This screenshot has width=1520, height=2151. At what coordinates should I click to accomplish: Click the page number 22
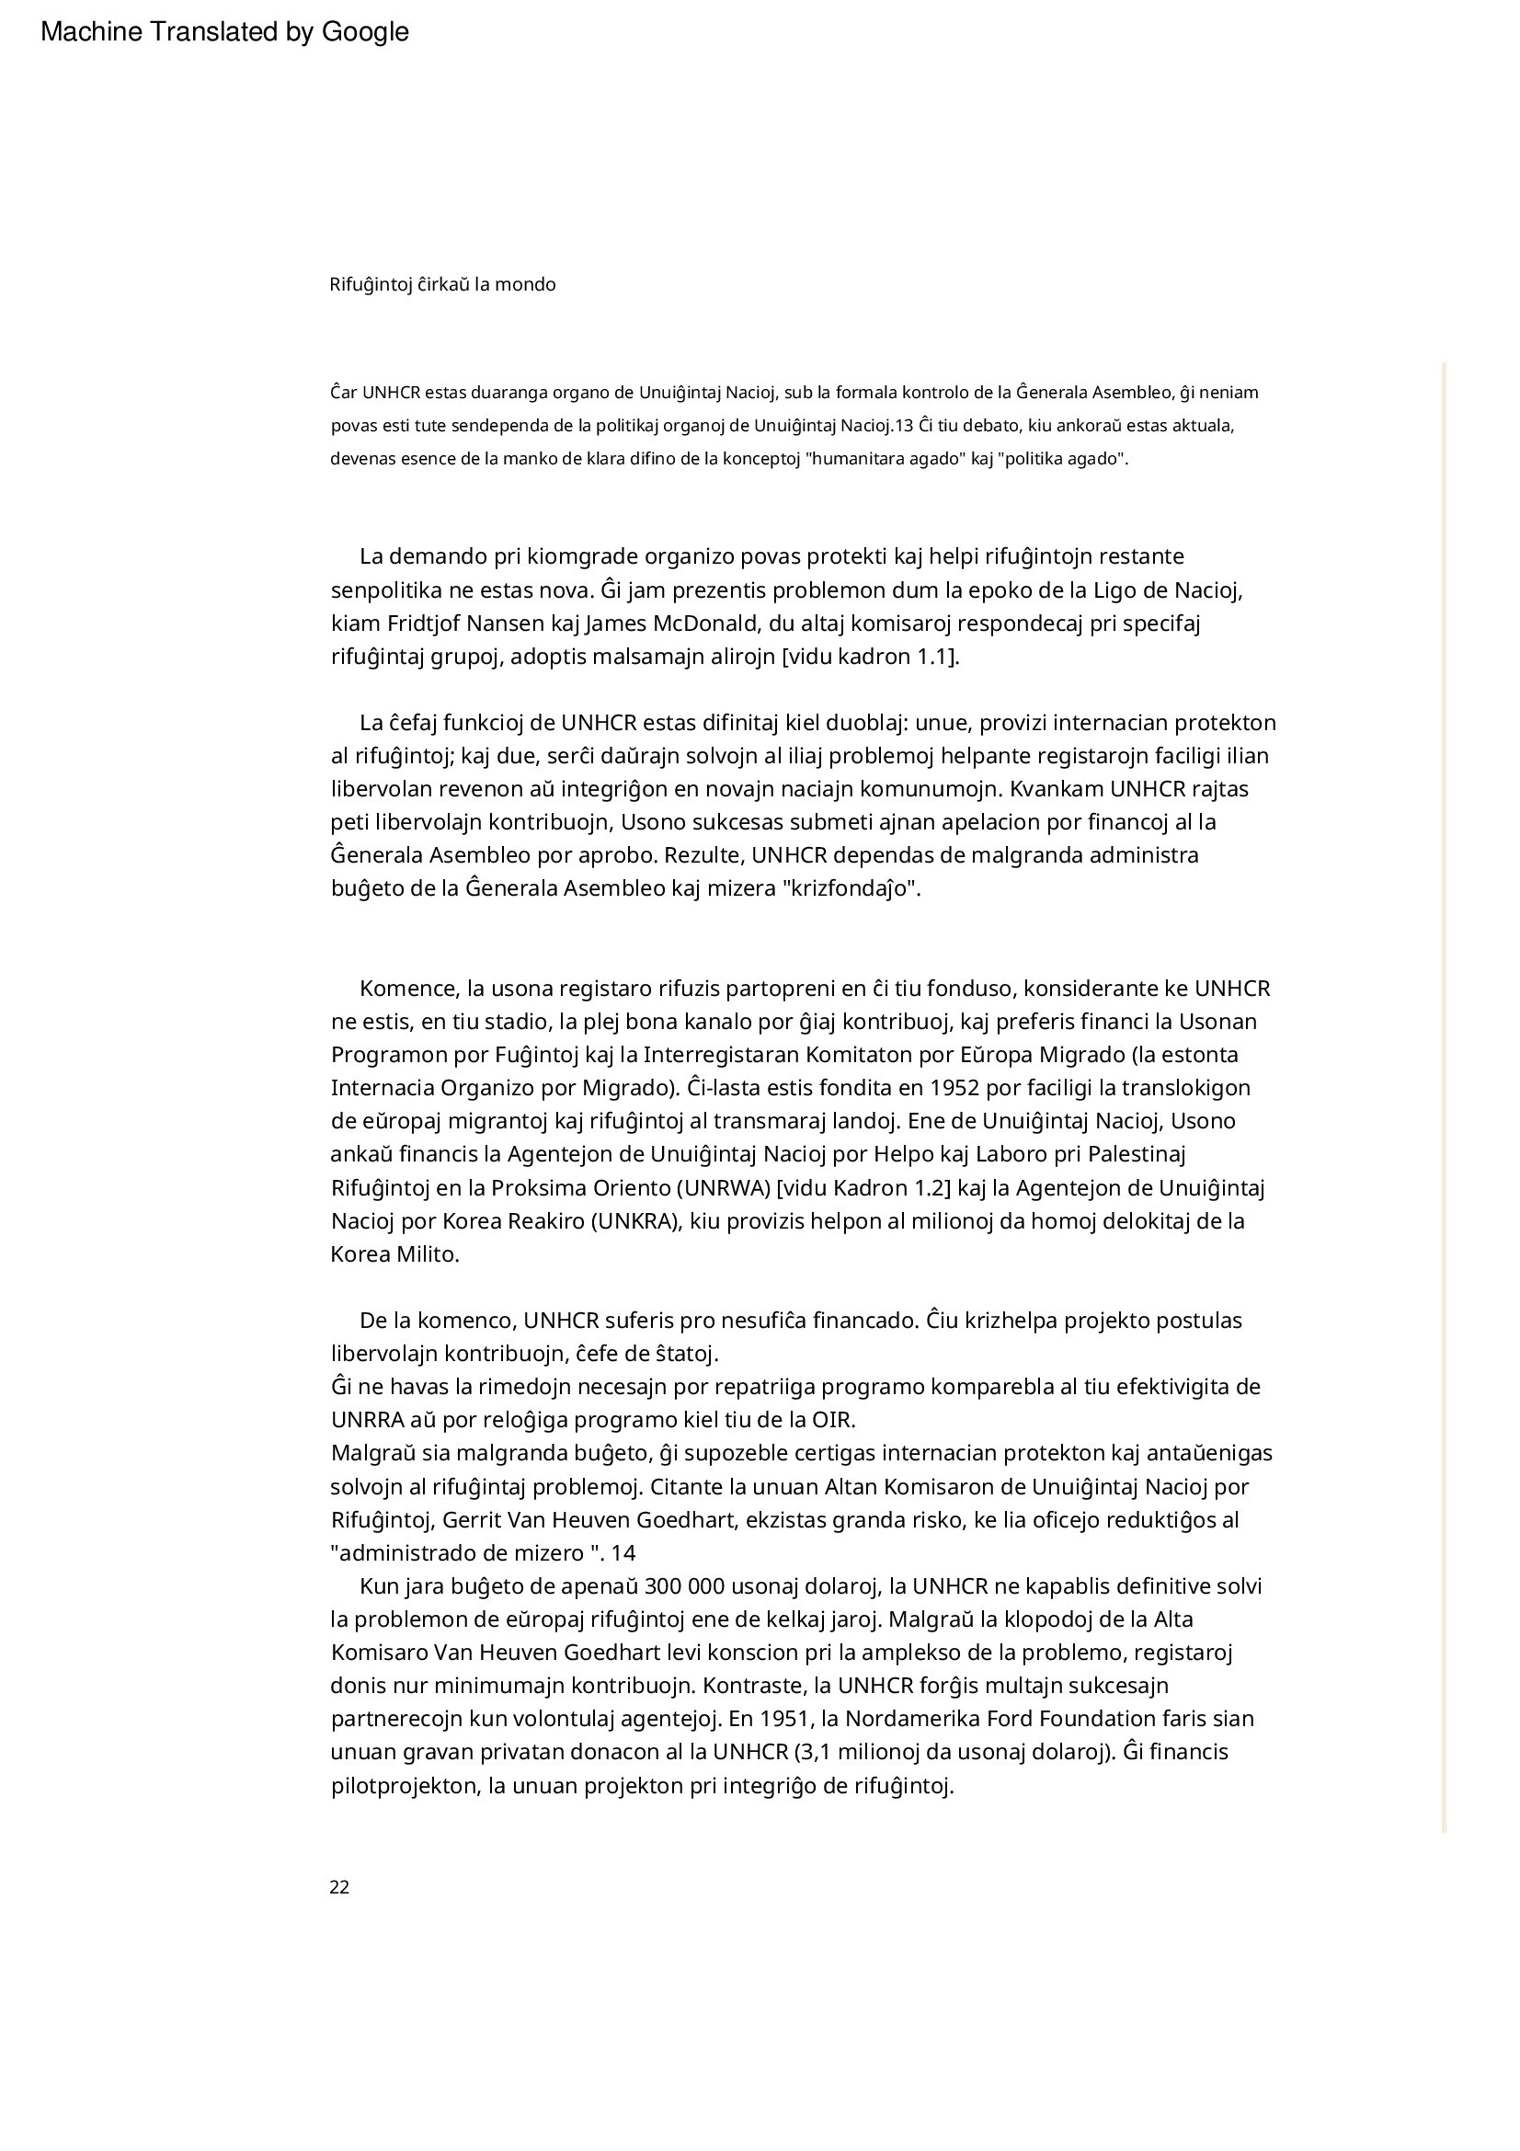click(339, 1888)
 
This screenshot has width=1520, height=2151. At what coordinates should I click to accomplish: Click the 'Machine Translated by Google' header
click(224, 32)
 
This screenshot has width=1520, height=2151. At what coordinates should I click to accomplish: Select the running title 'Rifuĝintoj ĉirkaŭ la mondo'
click(442, 284)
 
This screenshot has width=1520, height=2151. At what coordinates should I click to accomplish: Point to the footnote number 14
click(623, 1553)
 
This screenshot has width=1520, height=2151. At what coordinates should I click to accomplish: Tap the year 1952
click(954, 1088)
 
